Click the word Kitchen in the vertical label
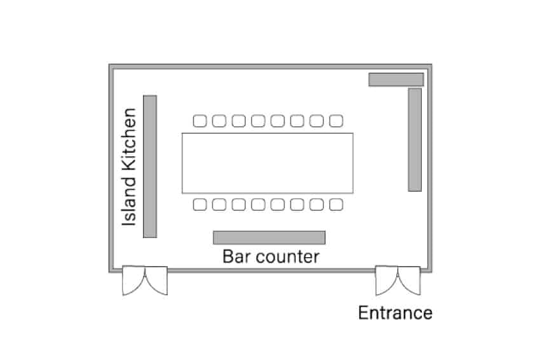click(130, 139)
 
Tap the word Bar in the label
click(236, 257)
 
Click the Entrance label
click(395, 313)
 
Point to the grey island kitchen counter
click(150, 166)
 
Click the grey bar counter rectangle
click(269, 238)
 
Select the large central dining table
click(267, 163)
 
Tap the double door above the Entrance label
click(398, 279)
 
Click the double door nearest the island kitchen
click(145, 279)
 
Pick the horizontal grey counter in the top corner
click(396, 79)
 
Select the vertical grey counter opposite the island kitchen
click(415, 140)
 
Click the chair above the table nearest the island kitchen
click(199, 121)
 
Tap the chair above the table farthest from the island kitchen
click(336, 121)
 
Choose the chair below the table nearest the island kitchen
click(199, 205)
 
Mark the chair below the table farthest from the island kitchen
click(336, 205)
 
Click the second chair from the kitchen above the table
click(219, 121)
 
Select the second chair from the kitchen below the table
click(219, 205)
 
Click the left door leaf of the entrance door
click(386, 279)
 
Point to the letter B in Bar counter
click(227, 257)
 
